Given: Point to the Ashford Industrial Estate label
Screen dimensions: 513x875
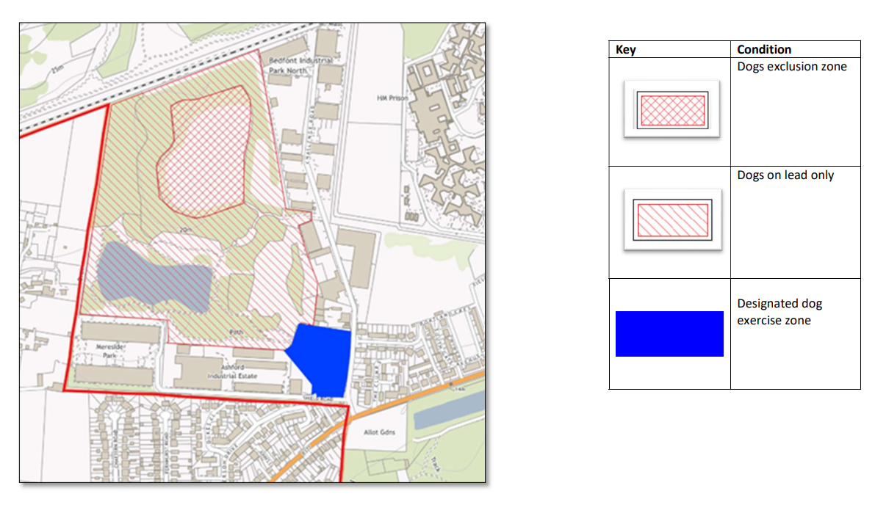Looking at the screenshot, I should click(235, 370).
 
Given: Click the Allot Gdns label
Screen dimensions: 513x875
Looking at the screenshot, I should click(381, 432).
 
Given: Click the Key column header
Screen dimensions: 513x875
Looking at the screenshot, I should click(626, 50).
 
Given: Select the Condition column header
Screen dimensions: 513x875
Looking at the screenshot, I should click(764, 50).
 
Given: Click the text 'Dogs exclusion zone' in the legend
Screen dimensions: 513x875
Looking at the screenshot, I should click(792, 67).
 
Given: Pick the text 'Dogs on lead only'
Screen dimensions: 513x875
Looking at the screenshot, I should click(785, 175).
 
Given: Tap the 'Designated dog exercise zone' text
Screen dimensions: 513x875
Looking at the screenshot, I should click(779, 312).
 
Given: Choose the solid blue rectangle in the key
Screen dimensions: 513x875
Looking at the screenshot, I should click(669, 334).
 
